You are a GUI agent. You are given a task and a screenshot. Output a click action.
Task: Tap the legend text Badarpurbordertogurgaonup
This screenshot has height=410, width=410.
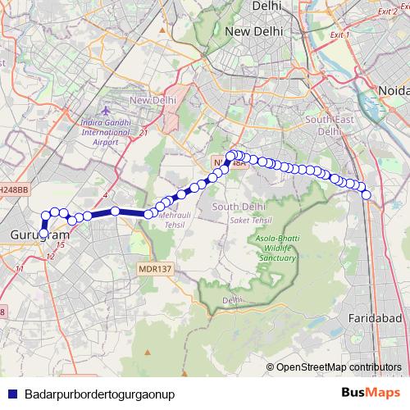point(100,394)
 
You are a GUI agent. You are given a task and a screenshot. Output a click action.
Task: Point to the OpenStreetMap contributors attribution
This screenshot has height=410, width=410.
point(338,367)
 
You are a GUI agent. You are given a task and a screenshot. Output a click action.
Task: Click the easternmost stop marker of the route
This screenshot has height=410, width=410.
point(367,194)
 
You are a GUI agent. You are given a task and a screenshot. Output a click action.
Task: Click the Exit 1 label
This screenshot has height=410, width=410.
point(338,36)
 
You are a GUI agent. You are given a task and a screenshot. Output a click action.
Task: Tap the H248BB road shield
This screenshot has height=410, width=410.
point(14,189)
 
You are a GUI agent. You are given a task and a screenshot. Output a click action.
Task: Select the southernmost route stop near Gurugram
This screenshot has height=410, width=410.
point(43,235)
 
